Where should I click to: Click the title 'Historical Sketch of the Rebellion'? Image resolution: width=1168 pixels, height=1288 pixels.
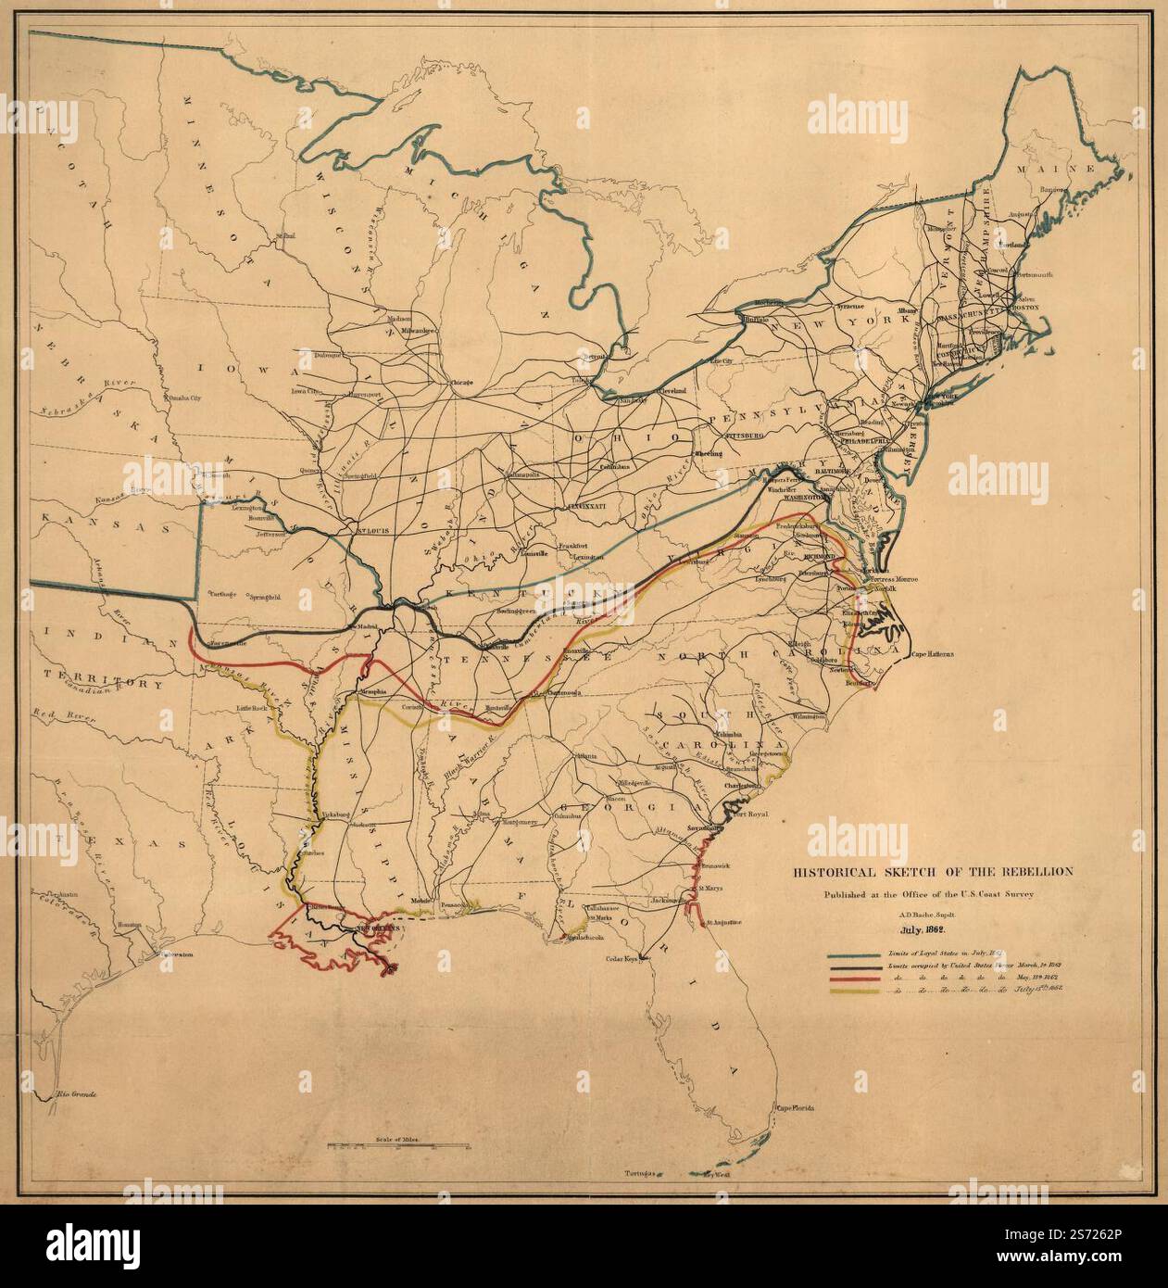[x=931, y=872]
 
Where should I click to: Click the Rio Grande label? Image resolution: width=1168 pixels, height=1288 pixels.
[x=76, y=1094]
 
